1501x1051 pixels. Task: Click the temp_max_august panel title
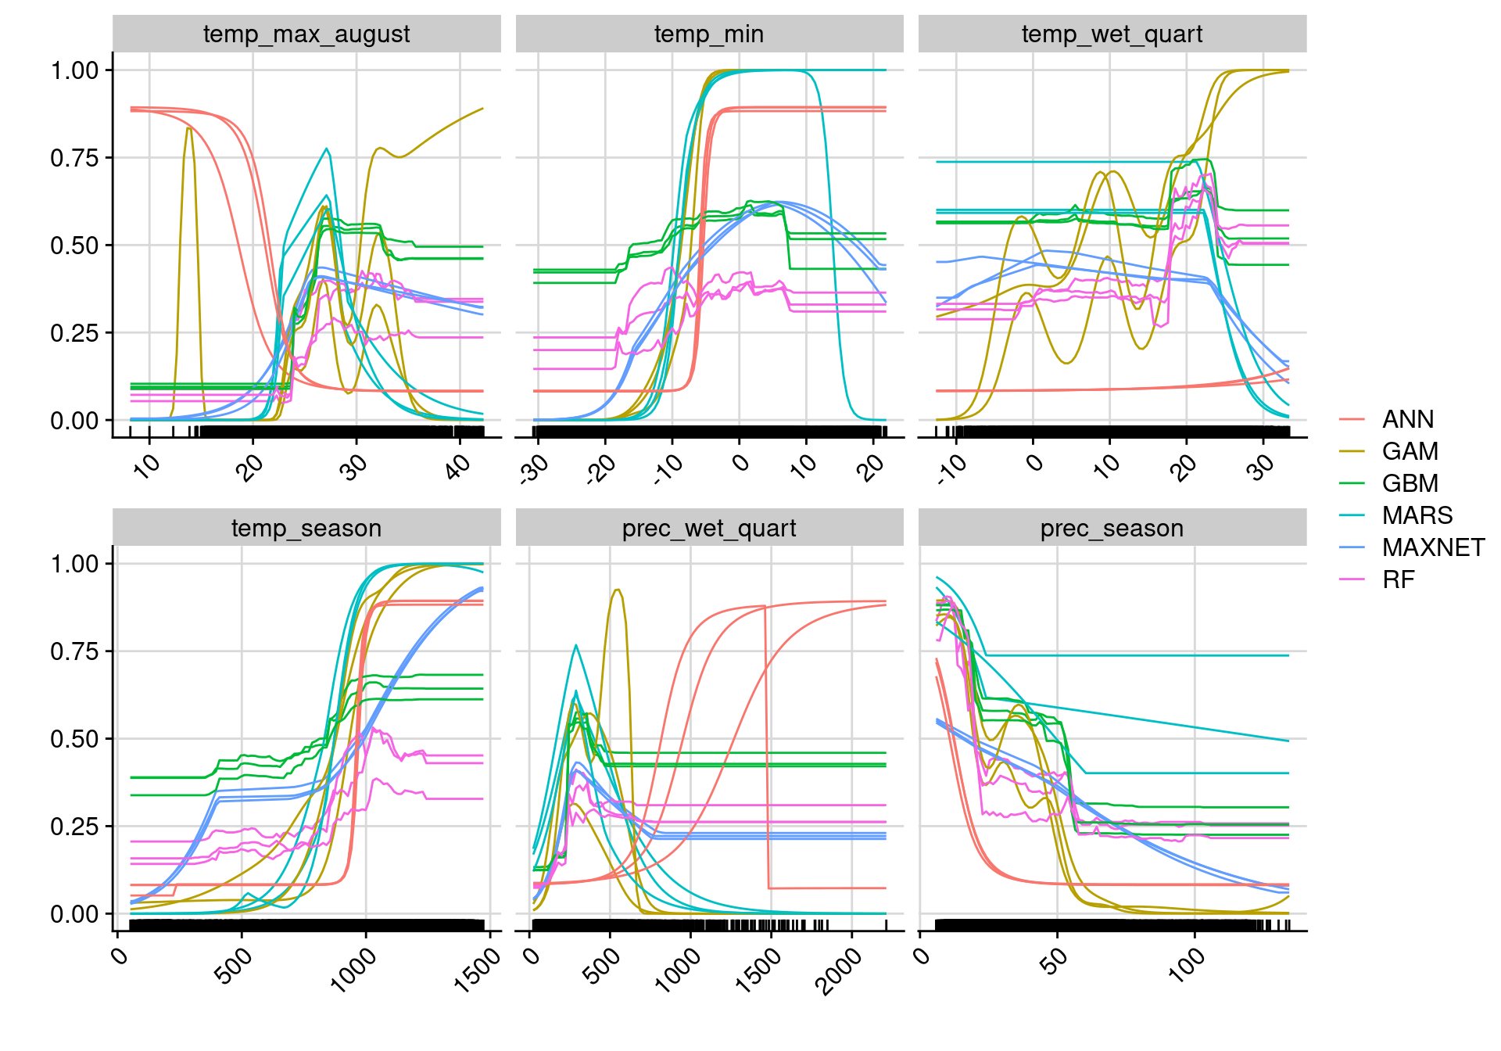[306, 34]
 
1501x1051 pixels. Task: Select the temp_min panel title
[709, 34]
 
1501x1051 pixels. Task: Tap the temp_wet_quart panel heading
[1112, 34]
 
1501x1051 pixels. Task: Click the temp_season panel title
[306, 529]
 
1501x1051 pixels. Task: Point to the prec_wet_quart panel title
[709, 529]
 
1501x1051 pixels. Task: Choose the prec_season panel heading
[1112, 529]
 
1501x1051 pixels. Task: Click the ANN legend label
[1407, 420]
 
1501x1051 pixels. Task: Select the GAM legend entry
[1410, 452]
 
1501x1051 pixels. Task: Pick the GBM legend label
[1410, 484]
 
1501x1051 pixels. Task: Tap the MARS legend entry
[1417, 516]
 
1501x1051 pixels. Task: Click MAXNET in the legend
[1433, 548]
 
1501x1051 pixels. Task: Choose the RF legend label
[1398, 580]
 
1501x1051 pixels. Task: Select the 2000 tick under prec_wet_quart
[838, 970]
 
